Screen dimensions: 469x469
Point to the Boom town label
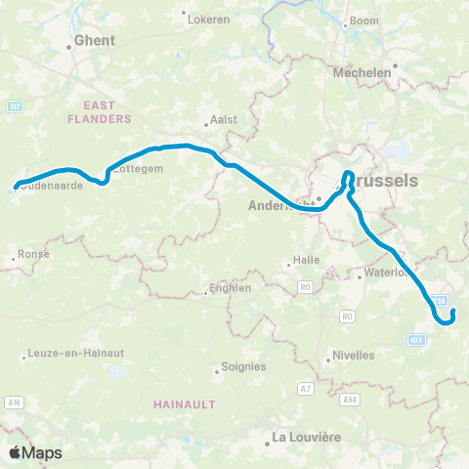(363, 21)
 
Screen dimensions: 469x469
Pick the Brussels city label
(382, 181)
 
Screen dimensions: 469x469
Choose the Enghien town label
(231, 288)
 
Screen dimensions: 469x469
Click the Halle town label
(308, 262)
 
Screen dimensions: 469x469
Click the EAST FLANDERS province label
(100, 111)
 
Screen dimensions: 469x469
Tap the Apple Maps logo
(35, 452)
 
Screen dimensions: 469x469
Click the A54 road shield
(350, 400)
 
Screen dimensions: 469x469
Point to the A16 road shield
(14, 402)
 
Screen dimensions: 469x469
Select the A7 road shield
(306, 389)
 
